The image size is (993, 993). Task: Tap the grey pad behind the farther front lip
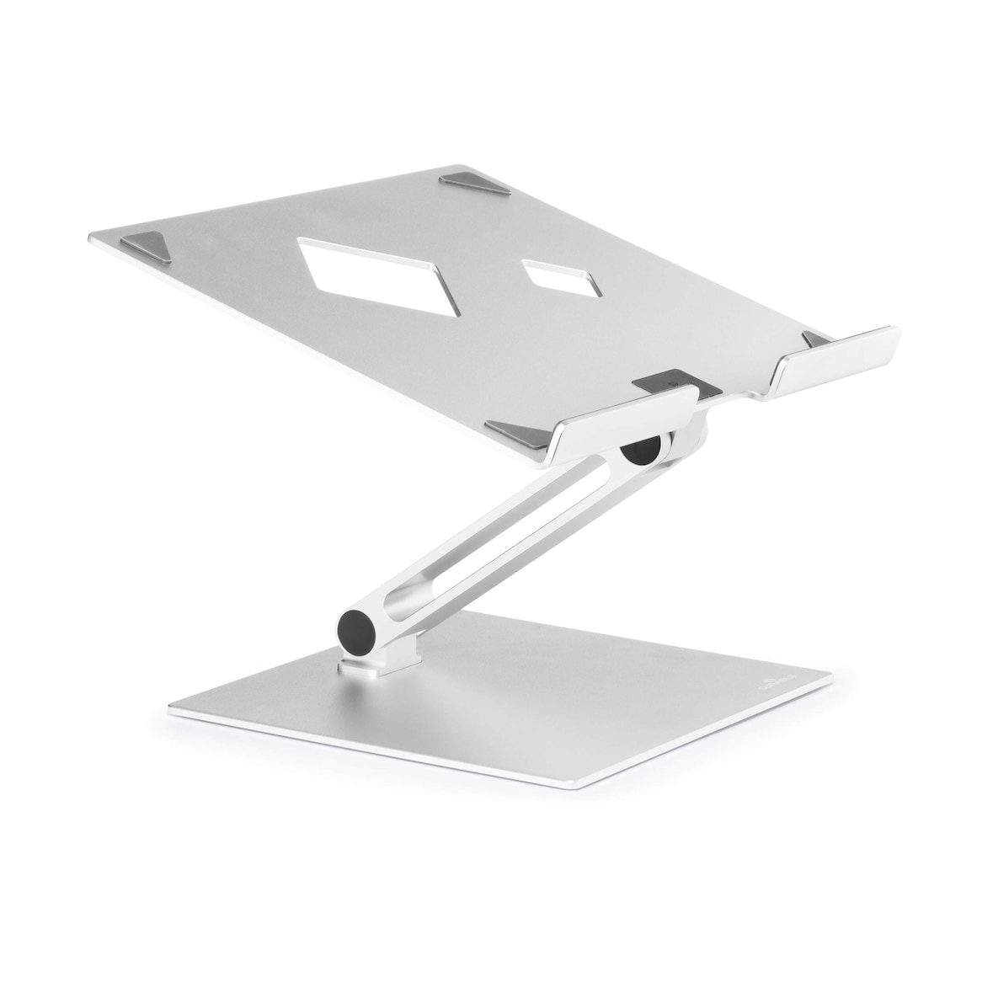coord(815,339)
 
